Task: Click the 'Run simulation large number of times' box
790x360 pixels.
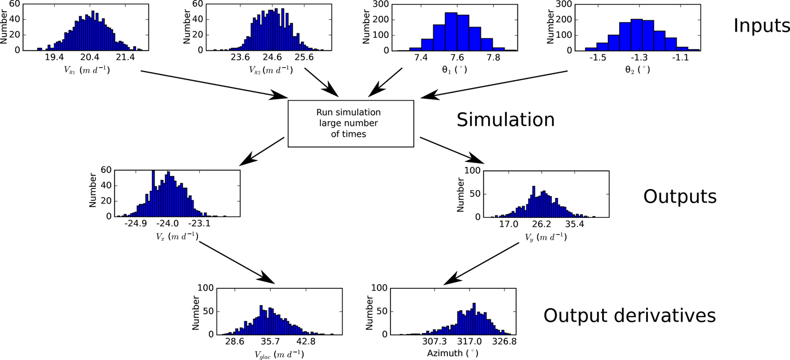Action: coord(351,123)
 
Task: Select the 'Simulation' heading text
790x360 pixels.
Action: coord(506,120)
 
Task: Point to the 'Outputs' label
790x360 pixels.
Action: coord(679,196)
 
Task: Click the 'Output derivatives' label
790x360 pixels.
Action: coord(629,315)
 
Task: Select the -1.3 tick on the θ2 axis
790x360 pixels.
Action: coord(639,58)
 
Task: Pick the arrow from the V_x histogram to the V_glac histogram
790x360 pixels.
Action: coord(237,261)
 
